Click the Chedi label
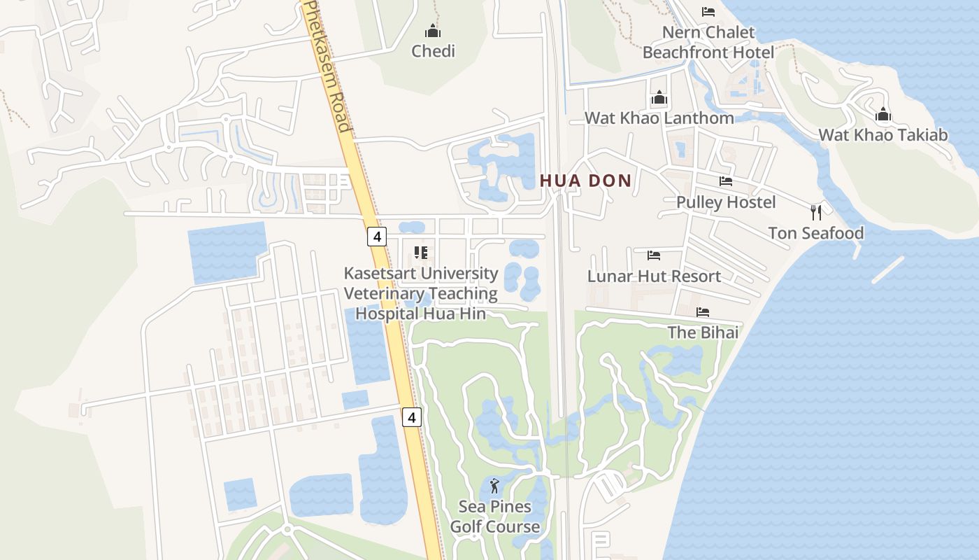click(x=433, y=51)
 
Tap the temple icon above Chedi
click(x=433, y=31)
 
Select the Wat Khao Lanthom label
click(x=659, y=118)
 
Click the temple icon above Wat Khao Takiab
click(x=883, y=113)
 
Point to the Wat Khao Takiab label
click(x=883, y=134)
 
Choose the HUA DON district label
click(x=585, y=181)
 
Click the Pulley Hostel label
click(x=726, y=202)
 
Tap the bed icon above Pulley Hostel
click(x=726, y=181)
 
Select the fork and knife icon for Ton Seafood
click(x=816, y=212)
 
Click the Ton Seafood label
click(x=816, y=233)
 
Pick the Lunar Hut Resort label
click(x=654, y=276)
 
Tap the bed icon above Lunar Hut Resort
click(x=654, y=255)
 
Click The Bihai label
click(x=703, y=332)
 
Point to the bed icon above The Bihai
click(x=703, y=311)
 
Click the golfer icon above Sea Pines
click(x=495, y=485)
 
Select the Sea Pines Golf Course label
click(x=495, y=517)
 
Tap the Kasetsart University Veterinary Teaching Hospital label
click(x=421, y=293)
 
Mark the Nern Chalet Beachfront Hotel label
click(x=708, y=42)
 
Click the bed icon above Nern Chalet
click(x=708, y=12)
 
